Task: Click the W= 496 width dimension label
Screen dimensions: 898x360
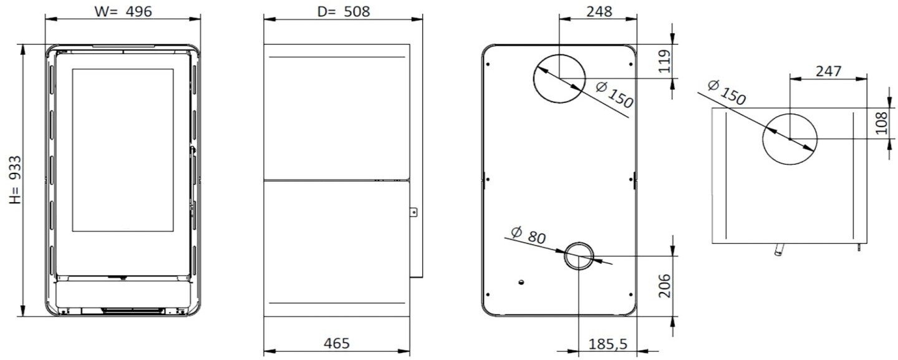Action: point(123,11)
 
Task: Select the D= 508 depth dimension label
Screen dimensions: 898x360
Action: point(344,11)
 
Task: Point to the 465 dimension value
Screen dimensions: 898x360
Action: point(337,343)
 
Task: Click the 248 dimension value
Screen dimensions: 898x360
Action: point(599,11)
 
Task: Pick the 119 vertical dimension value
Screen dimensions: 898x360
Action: point(665,61)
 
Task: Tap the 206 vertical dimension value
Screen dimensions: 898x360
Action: point(665,286)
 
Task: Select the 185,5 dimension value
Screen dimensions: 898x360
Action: point(607,344)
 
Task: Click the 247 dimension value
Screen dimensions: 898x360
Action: point(828,71)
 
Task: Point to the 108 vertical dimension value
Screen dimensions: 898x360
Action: point(881,123)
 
